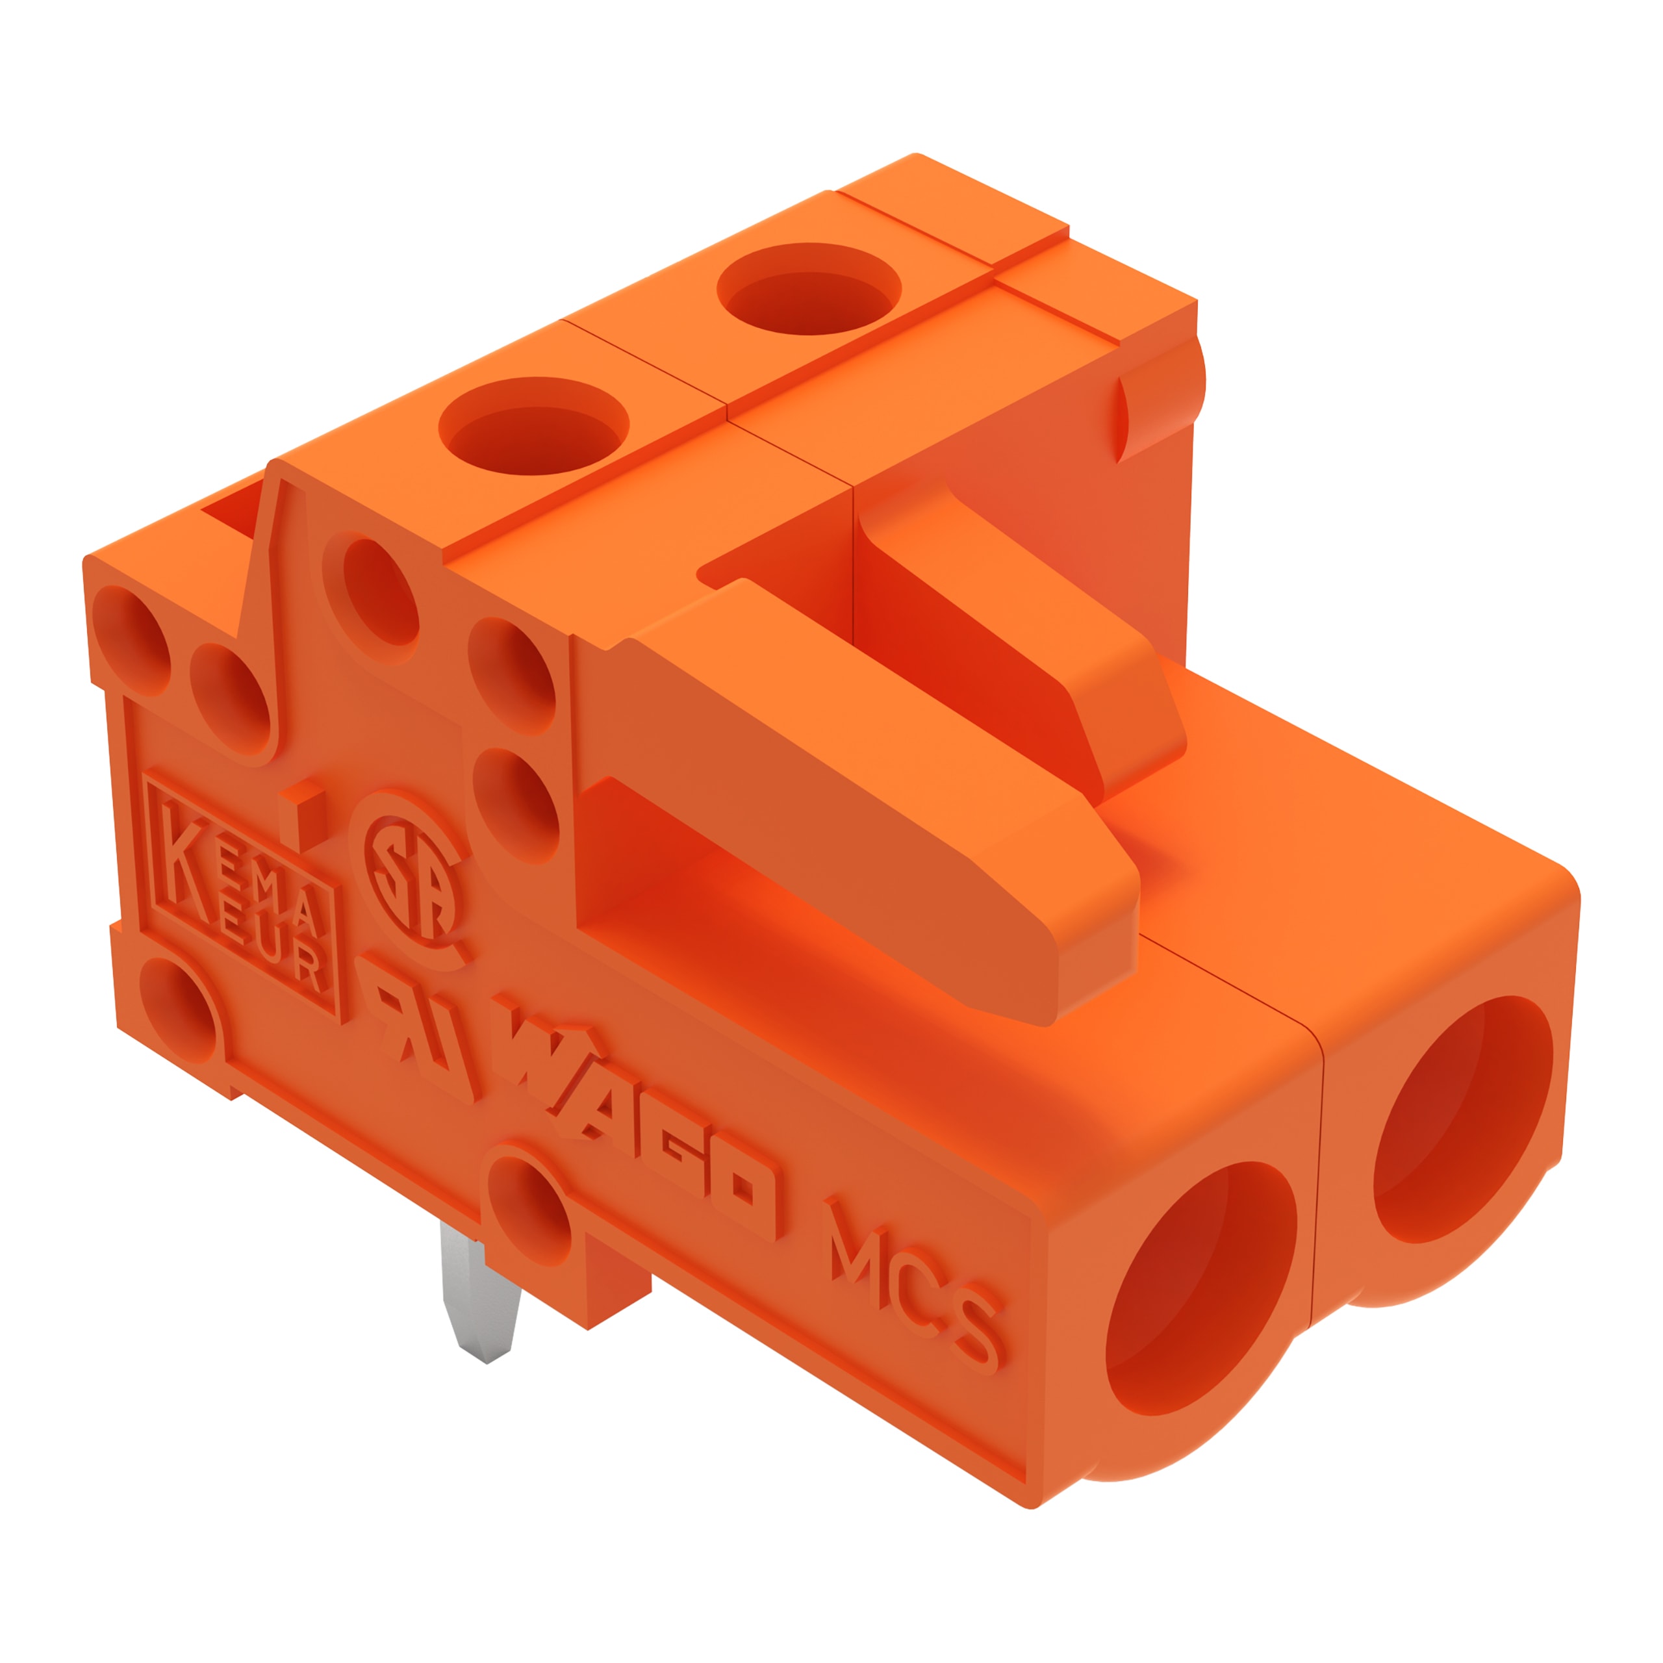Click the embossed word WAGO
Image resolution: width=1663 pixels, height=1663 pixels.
tap(637, 1119)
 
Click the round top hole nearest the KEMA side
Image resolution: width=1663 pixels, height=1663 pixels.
tap(534, 425)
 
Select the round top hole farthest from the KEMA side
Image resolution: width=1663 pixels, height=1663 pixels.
tap(809, 288)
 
